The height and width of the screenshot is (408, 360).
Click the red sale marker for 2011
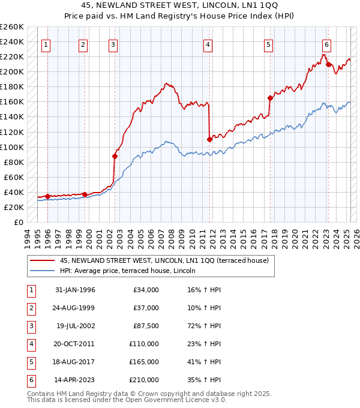(209, 139)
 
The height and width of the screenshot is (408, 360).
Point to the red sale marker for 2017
(270, 98)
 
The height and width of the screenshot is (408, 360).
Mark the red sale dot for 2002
(115, 156)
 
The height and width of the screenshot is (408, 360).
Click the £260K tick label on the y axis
(11, 27)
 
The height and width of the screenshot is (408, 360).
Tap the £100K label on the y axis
(11, 147)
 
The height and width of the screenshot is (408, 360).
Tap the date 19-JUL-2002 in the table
(74, 327)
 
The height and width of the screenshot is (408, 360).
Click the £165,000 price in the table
(144, 362)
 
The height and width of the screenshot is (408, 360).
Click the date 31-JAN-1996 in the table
(74, 290)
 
